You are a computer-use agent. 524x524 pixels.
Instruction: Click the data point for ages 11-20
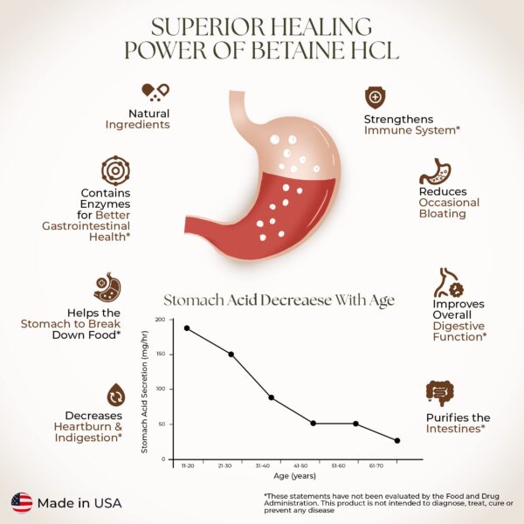click(187, 328)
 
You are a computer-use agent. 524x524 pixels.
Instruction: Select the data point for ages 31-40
click(272, 397)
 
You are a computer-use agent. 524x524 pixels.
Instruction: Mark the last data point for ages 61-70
click(397, 440)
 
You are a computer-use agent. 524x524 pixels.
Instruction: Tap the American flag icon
click(22, 502)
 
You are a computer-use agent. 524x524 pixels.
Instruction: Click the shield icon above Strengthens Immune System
click(375, 96)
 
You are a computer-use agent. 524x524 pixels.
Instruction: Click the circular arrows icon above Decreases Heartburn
click(115, 394)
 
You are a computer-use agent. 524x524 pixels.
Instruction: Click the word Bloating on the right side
click(442, 214)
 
